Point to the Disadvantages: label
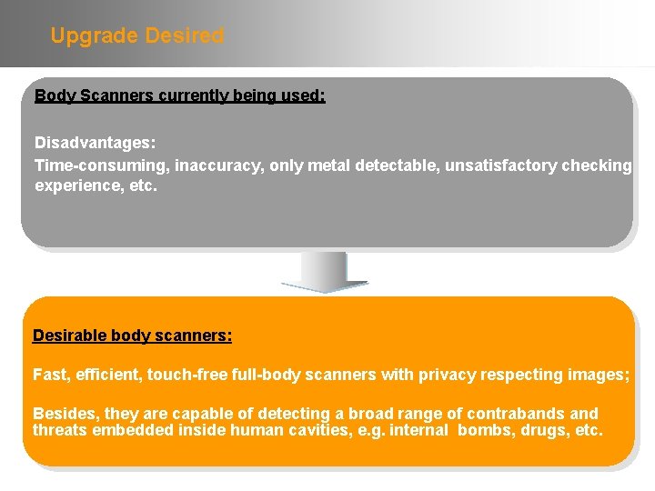point(95,144)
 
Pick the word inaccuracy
point(217,165)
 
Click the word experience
point(77,185)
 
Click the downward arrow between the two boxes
point(325,272)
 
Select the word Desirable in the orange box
point(70,336)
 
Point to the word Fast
point(50,374)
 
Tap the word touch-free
point(186,374)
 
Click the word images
point(600,374)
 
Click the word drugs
point(549,430)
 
